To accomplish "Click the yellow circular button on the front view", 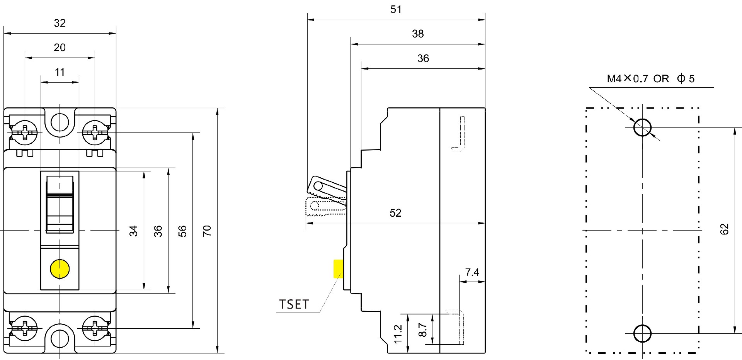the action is point(60,269).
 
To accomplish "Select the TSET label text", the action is point(294,304).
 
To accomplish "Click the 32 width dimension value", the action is point(60,23).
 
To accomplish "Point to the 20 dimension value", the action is point(60,48).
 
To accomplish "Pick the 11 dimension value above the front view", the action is point(60,72).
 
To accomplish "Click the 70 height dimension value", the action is point(207,231).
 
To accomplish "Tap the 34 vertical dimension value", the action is point(133,231).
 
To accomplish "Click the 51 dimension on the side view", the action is point(396,10).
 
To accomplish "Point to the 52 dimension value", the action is point(395,213).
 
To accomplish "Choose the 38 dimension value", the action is point(418,34).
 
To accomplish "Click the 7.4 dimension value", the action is point(472,272).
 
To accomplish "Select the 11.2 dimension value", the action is point(398,334).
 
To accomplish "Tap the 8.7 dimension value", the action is point(423,330).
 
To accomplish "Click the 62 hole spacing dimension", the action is point(724,229).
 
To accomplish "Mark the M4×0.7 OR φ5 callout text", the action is point(651,79).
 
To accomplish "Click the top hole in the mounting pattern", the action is point(642,127).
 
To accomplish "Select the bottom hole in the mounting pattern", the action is point(642,333).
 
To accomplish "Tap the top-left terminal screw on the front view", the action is point(25,133).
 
